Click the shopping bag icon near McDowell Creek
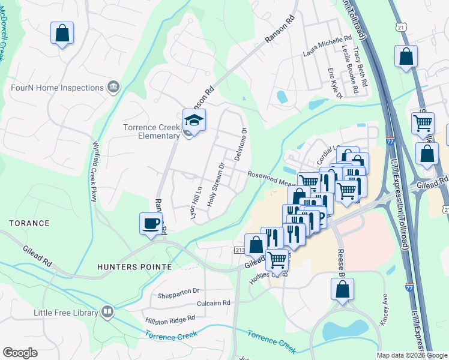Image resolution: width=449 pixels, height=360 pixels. (62, 34)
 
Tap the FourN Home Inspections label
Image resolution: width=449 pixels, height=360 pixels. (58, 88)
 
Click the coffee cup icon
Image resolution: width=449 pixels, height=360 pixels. (151, 224)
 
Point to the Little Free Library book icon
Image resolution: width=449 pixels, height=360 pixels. (107, 311)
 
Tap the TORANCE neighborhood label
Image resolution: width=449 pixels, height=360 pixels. (29, 223)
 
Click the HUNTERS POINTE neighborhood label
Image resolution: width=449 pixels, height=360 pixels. (135, 266)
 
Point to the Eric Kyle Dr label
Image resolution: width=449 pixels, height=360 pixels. (334, 83)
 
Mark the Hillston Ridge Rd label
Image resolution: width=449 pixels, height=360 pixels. (170, 320)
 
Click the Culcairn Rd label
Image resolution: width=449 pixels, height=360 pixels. (209, 304)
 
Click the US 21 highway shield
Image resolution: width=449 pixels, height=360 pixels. (401, 26)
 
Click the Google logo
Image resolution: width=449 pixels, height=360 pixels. (20, 353)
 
